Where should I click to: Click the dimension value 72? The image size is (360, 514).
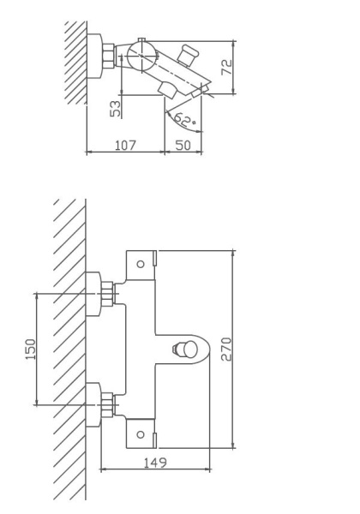(x=227, y=68)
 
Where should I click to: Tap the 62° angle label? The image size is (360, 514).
(x=183, y=120)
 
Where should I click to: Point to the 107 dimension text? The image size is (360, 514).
(x=125, y=145)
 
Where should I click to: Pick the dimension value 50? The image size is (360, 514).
(x=183, y=145)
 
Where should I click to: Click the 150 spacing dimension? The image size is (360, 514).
(x=31, y=349)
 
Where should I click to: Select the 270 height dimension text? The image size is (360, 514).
(x=226, y=349)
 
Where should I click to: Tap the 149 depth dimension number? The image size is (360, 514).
(x=154, y=462)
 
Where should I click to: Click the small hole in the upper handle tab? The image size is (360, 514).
(x=141, y=264)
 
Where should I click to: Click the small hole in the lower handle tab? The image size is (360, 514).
(x=141, y=434)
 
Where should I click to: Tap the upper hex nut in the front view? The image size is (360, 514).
(x=108, y=294)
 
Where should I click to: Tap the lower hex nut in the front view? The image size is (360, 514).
(x=108, y=403)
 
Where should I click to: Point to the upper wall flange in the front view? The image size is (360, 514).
(x=93, y=294)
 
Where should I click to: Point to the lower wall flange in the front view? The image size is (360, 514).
(x=93, y=403)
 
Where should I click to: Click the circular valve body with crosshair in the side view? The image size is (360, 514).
(x=141, y=59)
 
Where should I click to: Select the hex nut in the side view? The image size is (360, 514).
(x=109, y=57)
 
